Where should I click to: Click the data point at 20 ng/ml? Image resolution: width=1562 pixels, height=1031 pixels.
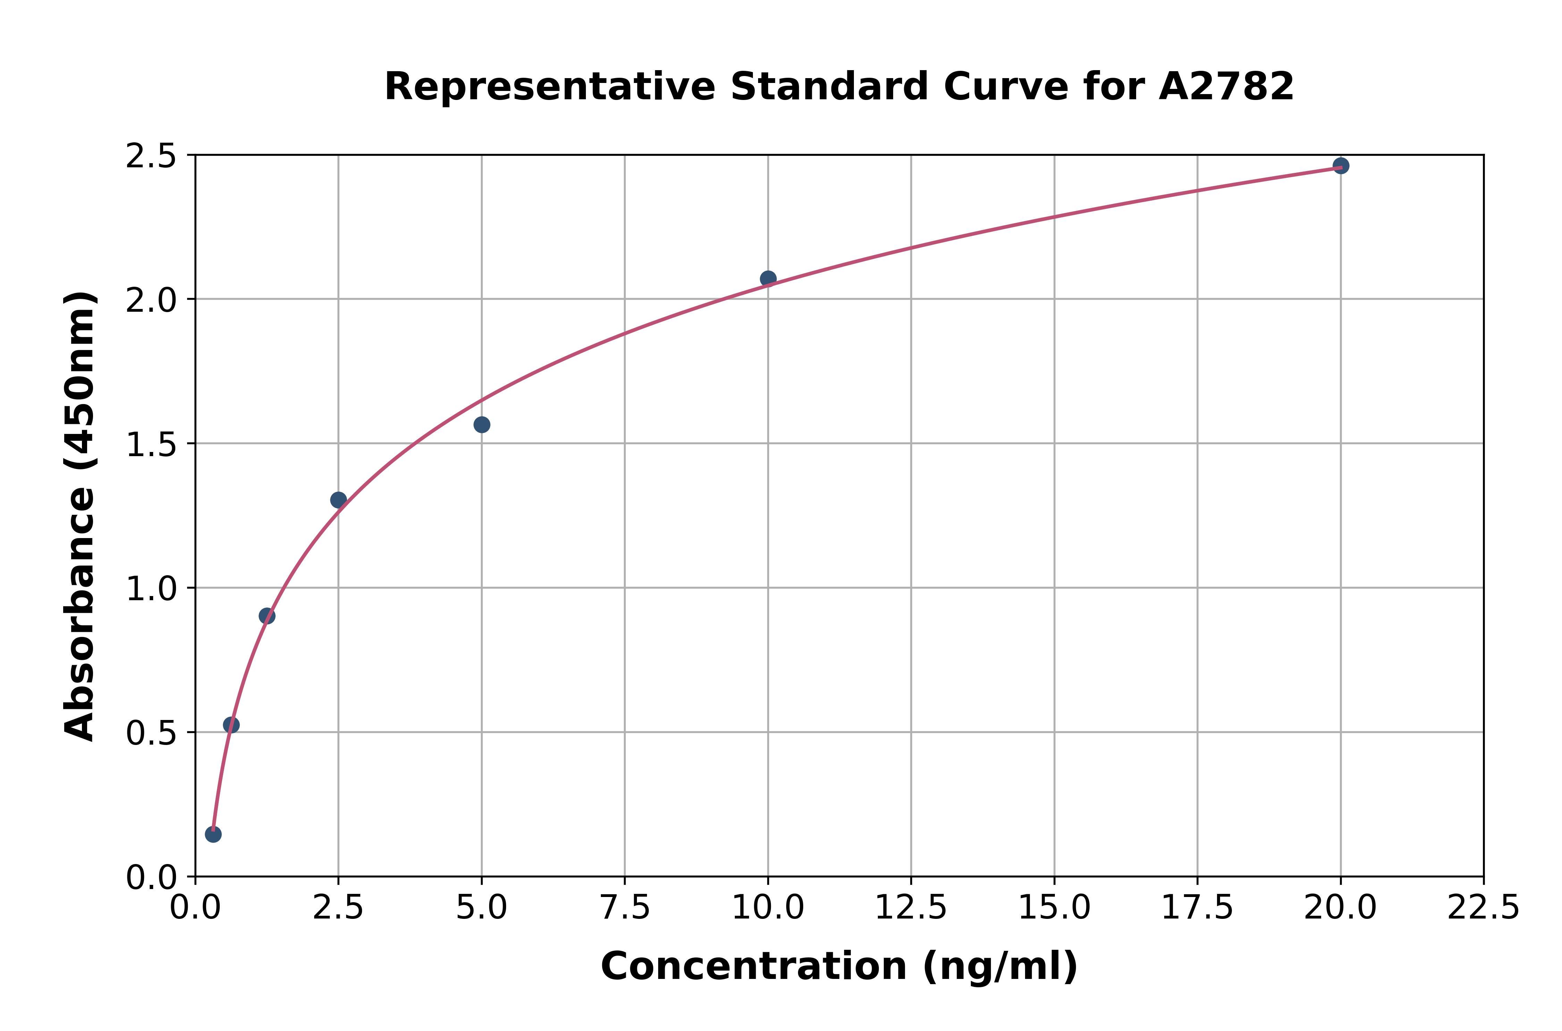click(x=1341, y=166)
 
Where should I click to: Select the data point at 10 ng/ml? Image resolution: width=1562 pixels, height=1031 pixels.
click(x=768, y=279)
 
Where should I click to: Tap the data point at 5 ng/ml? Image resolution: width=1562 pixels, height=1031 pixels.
click(x=482, y=425)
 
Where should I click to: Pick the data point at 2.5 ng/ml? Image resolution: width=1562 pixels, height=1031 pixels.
click(x=338, y=500)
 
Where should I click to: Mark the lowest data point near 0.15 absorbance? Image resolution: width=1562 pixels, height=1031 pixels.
click(x=213, y=835)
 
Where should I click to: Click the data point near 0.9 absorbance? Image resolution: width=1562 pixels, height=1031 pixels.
click(x=267, y=616)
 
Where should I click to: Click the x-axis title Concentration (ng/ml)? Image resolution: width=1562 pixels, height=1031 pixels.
click(x=839, y=966)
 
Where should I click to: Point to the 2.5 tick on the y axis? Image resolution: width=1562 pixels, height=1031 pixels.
click(x=151, y=157)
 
